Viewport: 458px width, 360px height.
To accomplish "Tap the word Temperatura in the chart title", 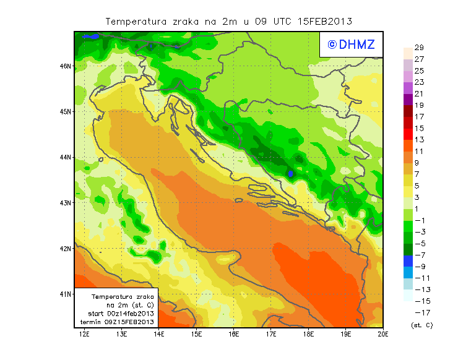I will click(136, 21).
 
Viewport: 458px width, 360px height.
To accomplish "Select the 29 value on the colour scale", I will click(419, 48).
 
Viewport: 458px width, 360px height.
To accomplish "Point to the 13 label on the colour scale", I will click(419, 140).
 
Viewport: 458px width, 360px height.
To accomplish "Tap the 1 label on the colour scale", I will click(417, 209).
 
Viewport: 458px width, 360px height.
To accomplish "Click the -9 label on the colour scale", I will click(421, 267).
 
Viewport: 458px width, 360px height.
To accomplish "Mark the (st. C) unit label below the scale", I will click(422, 325).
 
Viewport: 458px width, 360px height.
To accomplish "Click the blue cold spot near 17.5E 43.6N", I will click(291, 173).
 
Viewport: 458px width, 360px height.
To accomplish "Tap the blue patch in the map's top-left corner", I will click(90, 36).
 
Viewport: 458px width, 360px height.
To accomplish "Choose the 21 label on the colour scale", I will click(419, 93).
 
